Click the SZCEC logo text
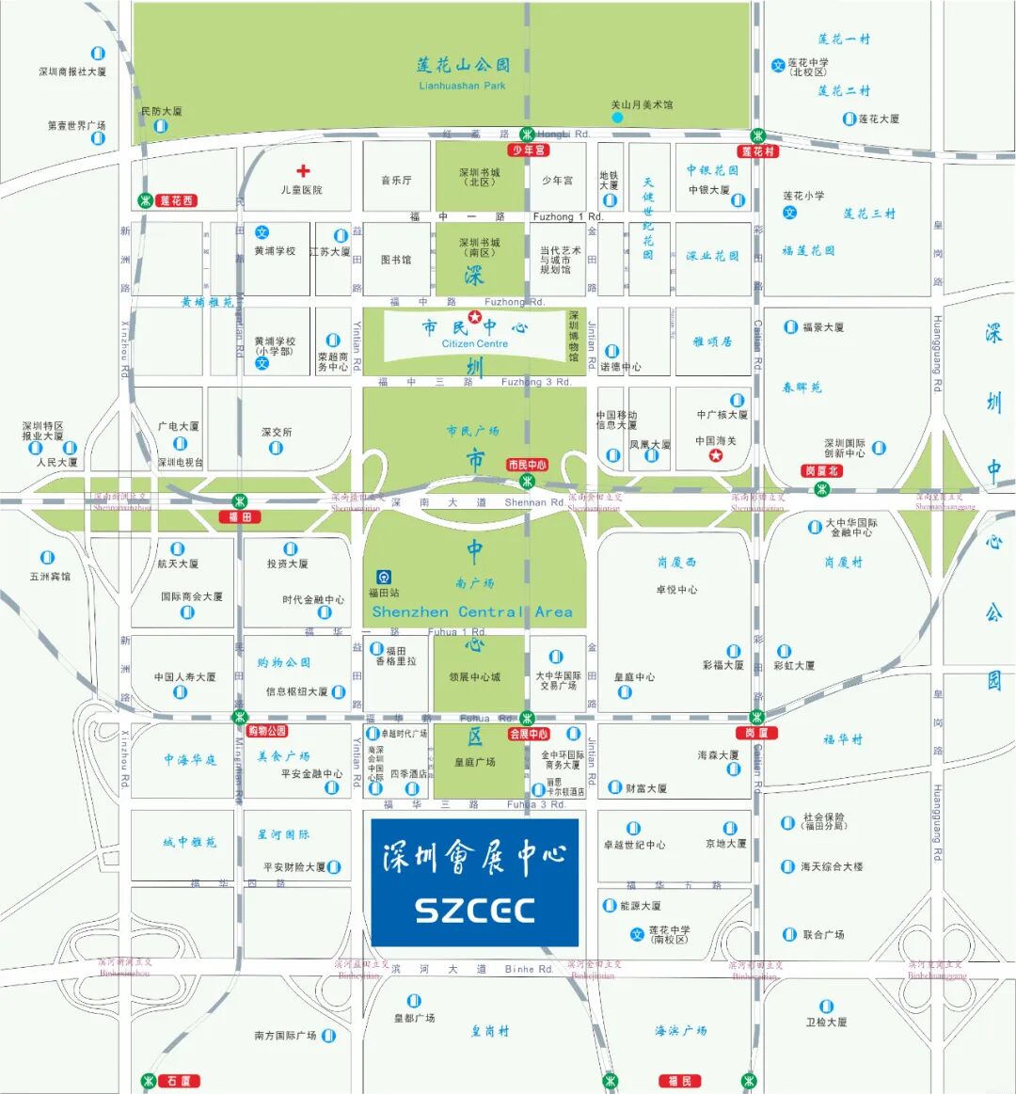click(x=475, y=911)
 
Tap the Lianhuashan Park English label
click(x=462, y=86)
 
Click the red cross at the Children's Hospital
click(x=303, y=171)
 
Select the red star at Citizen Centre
click(x=475, y=317)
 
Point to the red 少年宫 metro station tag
click(x=529, y=150)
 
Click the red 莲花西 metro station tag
click(x=176, y=200)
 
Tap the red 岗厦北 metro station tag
click(x=821, y=470)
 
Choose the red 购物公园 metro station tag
click(x=267, y=731)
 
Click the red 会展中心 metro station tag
click(x=529, y=734)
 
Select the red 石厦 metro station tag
click(x=179, y=1081)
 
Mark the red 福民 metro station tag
click(x=679, y=1081)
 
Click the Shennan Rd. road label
click(x=534, y=502)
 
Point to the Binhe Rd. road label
click(x=529, y=969)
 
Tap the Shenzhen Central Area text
click(x=472, y=611)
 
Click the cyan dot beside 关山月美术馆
click(x=617, y=118)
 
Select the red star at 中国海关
click(x=716, y=456)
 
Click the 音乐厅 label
click(x=396, y=180)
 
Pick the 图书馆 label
click(x=396, y=260)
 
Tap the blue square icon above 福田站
click(x=384, y=577)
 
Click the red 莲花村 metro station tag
click(x=758, y=151)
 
